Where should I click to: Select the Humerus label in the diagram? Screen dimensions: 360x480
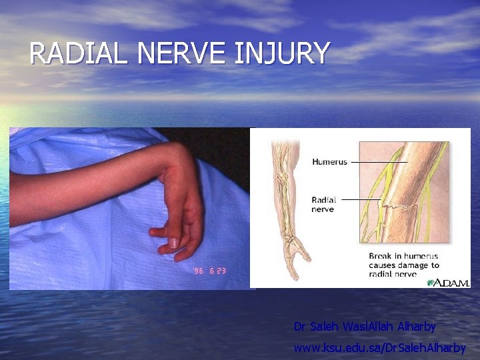coord(329,162)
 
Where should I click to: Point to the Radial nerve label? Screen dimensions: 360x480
coord(323,203)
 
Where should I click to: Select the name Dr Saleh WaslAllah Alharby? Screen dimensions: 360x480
coord(365,327)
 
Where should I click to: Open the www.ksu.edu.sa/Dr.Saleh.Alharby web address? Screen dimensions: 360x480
coord(379,347)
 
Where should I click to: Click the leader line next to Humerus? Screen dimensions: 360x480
coord(378,162)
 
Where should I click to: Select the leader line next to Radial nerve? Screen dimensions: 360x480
coord(360,199)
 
